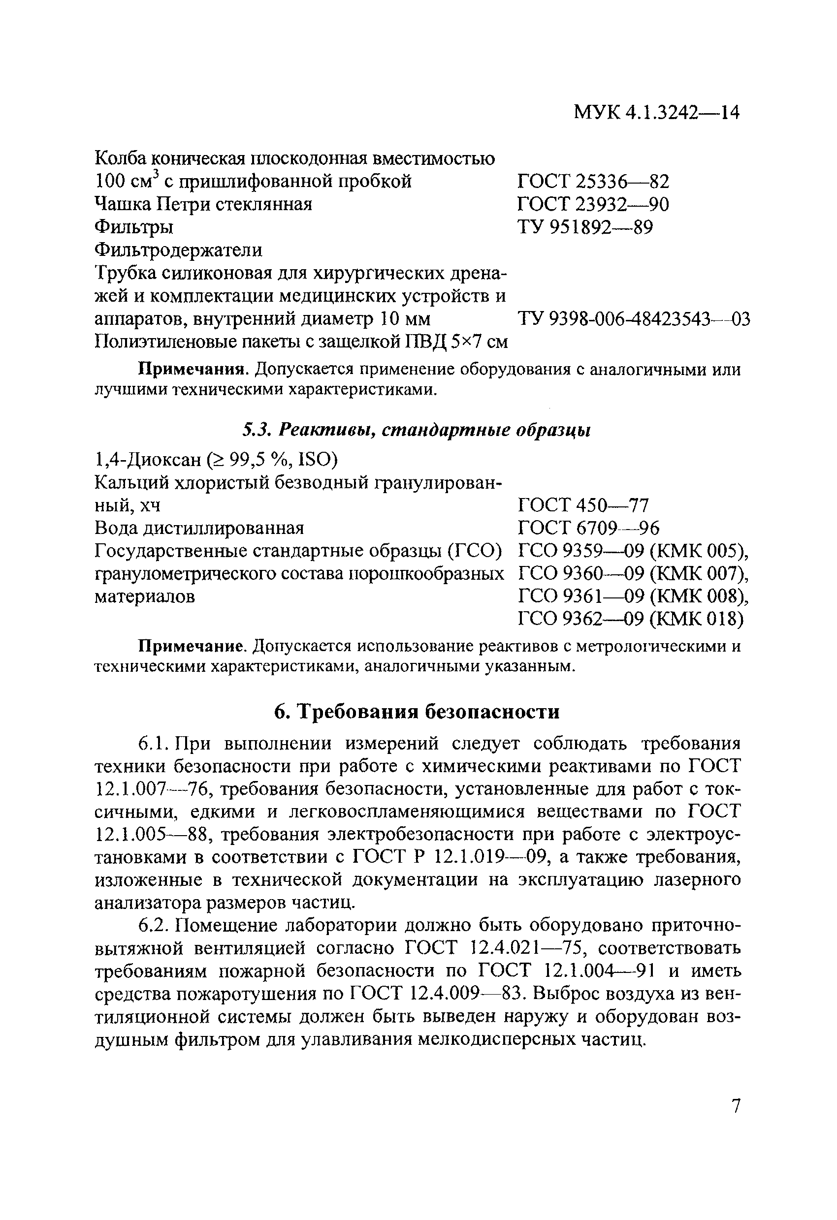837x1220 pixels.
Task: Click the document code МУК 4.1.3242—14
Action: pyautogui.click(x=656, y=112)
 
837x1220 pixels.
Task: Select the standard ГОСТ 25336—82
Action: pyautogui.click(x=593, y=182)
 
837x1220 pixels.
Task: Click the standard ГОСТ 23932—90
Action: pyautogui.click(x=593, y=204)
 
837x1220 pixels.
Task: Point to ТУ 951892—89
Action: pyautogui.click(x=585, y=227)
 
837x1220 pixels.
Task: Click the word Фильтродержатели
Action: pyautogui.click(x=178, y=250)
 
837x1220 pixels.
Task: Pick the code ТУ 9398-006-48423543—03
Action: pyautogui.click(x=634, y=318)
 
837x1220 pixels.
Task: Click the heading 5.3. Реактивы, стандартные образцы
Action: pyautogui.click(x=416, y=430)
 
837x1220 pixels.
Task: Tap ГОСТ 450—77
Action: pyautogui.click(x=583, y=505)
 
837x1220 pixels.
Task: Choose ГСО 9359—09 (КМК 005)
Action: pyautogui.click(x=633, y=551)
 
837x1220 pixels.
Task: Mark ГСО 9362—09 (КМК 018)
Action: pyautogui.click(x=630, y=620)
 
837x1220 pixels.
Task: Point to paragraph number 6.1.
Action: pyautogui.click(x=153, y=745)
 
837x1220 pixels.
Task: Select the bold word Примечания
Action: pyautogui.click(x=192, y=370)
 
